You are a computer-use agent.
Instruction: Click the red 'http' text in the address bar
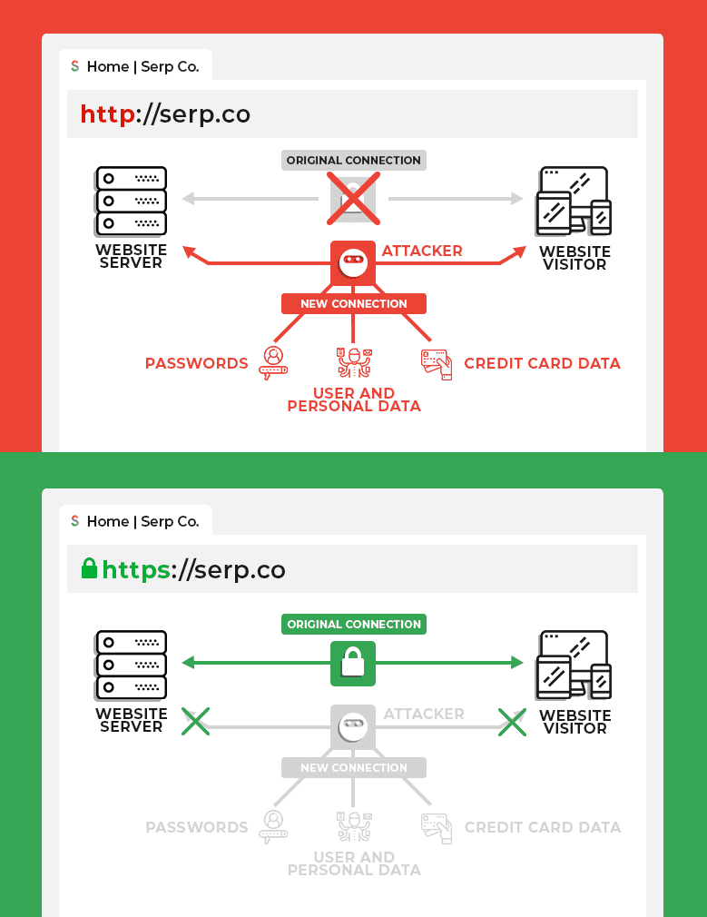coord(107,114)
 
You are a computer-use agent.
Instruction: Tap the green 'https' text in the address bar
coord(136,570)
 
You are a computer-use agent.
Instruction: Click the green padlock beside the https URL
coord(89,569)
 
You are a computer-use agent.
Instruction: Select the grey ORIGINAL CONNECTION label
coord(353,161)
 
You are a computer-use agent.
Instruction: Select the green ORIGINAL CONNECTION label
coord(353,625)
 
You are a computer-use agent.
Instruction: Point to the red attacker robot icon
coord(353,263)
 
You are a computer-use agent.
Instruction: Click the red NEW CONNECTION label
coord(353,304)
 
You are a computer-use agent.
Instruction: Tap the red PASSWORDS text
coord(196,363)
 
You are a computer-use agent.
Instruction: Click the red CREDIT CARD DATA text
coord(542,363)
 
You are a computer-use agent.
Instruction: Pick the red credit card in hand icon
coord(436,363)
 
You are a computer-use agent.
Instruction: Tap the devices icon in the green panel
coord(574,665)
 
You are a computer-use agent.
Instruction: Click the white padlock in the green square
coord(353,664)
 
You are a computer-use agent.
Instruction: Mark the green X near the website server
coord(196,722)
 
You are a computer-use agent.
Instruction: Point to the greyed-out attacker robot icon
coord(353,726)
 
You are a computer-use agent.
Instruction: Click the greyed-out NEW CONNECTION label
coord(353,768)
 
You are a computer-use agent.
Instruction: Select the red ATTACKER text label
coord(422,251)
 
